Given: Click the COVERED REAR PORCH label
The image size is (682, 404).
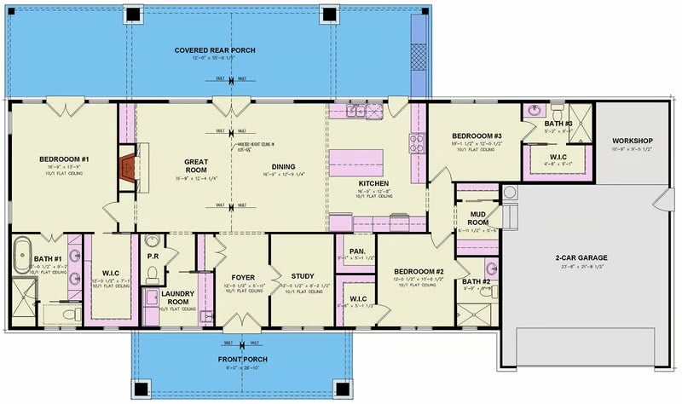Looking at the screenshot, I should click(x=216, y=50).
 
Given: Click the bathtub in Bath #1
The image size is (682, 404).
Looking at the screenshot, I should click(x=20, y=256).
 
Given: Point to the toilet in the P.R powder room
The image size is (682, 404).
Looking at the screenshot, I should click(x=152, y=274).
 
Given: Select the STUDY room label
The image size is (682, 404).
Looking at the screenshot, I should click(x=303, y=275).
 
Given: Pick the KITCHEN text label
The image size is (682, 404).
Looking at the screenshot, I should click(x=373, y=183).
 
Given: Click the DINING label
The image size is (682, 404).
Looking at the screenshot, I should click(x=283, y=166).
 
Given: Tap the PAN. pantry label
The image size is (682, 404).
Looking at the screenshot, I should click(x=357, y=251).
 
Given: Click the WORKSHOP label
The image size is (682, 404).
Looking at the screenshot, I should click(x=632, y=141).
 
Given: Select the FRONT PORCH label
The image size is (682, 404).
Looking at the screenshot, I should click(x=242, y=359).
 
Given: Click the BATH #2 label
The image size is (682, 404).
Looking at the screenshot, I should click(x=476, y=281).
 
